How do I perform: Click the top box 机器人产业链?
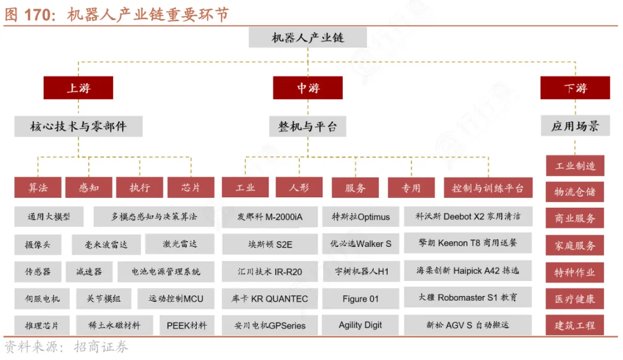coord(308,37)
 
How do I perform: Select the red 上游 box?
coord(78,88)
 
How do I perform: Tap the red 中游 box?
coord(308,88)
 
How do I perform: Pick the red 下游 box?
coord(575,88)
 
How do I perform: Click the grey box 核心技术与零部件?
coord(78,126)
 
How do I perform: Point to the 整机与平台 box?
coord(307,126)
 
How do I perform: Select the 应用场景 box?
coord(575,126)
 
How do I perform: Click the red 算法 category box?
coord(38,187)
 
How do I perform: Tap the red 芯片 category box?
coord(190,187)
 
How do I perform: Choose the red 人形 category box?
coord(299,187)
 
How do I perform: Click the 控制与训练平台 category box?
coord(488,187)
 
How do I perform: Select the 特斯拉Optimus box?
coord(361,217)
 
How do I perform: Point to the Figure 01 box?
coord(361,299)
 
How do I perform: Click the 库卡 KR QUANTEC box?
coord(270,299)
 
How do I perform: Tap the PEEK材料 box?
coord(186,325)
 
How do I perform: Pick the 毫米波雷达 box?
coord(107,244)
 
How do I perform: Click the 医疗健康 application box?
coord(575,299)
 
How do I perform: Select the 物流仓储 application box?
coord(575,192)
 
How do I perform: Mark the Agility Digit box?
coord(361,325)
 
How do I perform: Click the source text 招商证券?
coord(101,347)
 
